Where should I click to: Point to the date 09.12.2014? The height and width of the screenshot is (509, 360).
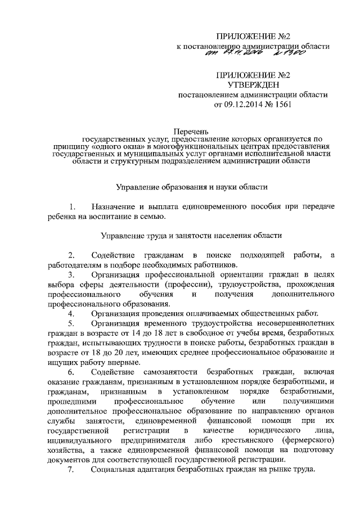tap(247, 105)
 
